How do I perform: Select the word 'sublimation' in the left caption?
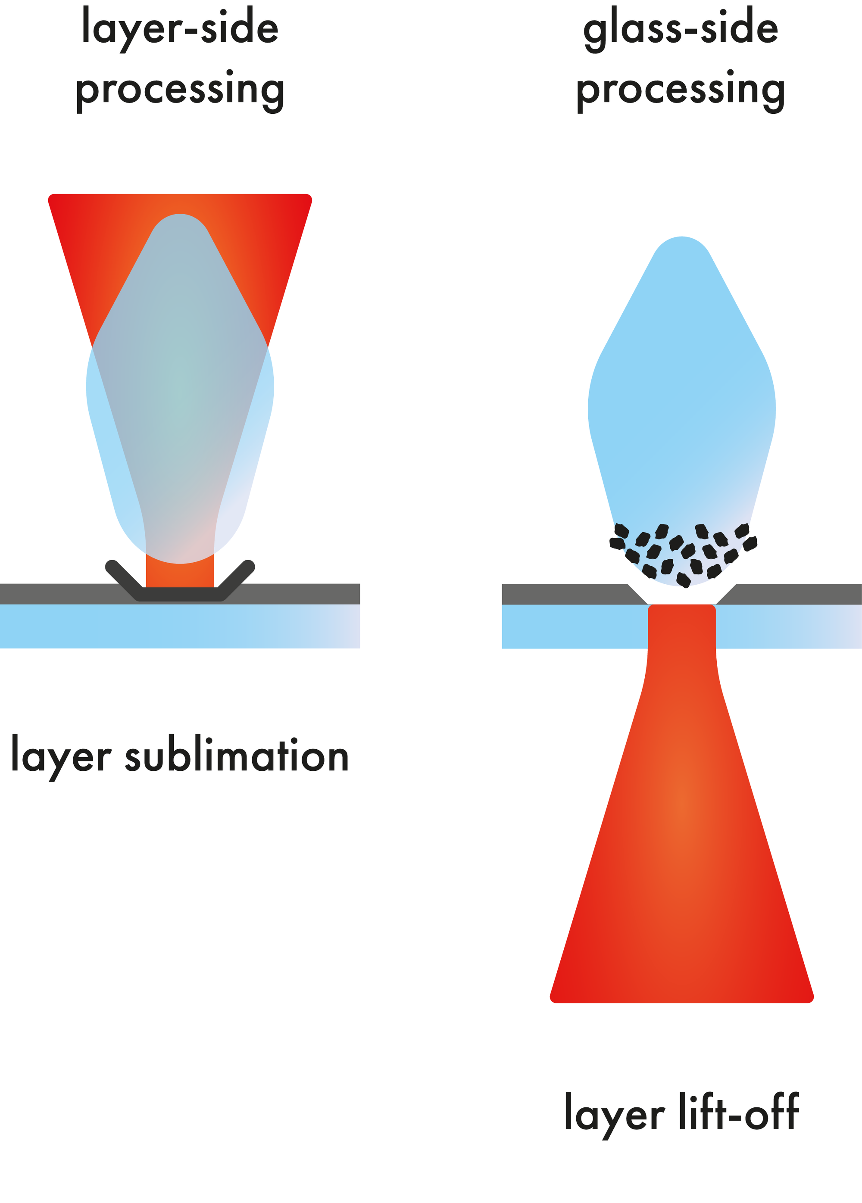tap(237, 756)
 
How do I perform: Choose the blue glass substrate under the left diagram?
tap(180, 626)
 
